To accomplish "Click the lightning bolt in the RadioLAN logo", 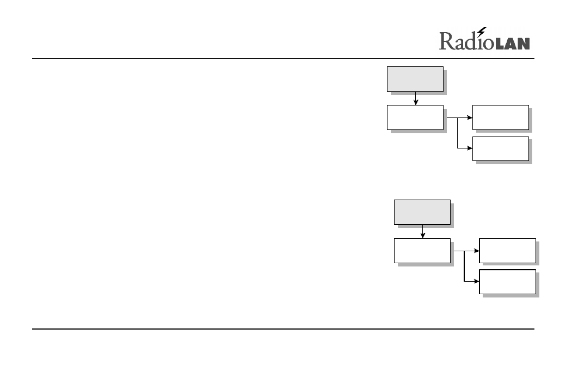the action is pos(482,32).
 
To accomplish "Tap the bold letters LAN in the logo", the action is pos(513,44).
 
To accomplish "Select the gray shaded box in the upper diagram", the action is pos(415,79).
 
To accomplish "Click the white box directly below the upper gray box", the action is pos(415,117).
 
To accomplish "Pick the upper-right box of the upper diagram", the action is pos(501,117).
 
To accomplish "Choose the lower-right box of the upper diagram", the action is pos(501,148).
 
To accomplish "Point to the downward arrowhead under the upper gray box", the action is pos(415,103).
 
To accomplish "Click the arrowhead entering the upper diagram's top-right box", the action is pos(470,117).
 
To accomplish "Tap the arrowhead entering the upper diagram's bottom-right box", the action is pos(470,148).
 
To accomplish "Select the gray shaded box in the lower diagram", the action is pos(422,213).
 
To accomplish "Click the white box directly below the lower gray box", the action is pos(422,251).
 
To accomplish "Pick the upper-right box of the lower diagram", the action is pos(508,251).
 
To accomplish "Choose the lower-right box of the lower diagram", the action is pos(508,282).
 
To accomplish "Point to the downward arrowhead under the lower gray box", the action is pos(423,236).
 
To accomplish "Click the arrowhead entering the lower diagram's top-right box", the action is pos(477,251).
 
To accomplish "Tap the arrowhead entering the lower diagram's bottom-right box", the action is pos(477,281).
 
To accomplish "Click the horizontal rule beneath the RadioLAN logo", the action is pos(283,58).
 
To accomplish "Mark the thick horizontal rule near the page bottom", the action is pos(283,329).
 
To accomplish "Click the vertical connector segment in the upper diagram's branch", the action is pos(457,133).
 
